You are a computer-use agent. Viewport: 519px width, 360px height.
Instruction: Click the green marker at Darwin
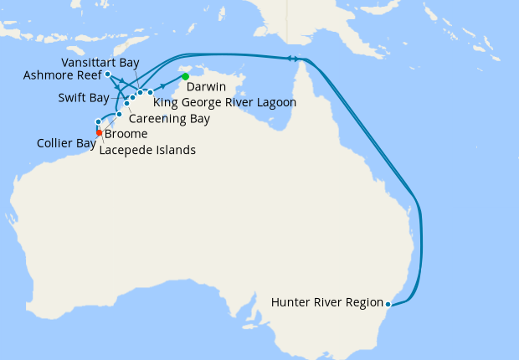[x=185, y=77]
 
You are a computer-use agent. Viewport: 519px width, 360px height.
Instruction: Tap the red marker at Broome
[x=99, y=132]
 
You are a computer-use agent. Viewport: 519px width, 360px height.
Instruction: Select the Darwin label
[x=205, y=86]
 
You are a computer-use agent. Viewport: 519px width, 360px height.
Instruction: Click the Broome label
[x=126, y=134]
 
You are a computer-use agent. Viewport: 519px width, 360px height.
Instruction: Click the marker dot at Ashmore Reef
[x=108, y=75]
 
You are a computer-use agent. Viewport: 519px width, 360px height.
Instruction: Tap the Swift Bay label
[x=84, y=97]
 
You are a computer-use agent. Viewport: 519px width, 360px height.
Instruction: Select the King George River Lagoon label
[x=225, y=102]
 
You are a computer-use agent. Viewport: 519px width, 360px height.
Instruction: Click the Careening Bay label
[x=170, y=118]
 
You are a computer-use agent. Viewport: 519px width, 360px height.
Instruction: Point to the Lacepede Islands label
[x=147, y=151]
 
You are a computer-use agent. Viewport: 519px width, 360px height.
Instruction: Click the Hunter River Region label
[x=327, y=303]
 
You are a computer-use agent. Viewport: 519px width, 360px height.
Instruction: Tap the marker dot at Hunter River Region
[x=388, y=304]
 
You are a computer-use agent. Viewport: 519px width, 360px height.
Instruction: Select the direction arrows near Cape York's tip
[x=294, y=58]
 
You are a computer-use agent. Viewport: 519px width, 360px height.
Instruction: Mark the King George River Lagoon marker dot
[x=151, y=92]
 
